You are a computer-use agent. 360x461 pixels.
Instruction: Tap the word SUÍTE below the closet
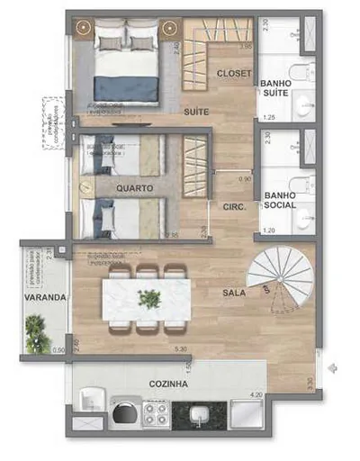[x=197, y=112]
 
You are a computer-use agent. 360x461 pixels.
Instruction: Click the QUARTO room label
[x=134, y=188]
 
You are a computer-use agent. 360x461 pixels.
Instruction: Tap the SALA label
[x=235, y=293]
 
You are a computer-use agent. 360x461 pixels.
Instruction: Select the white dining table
[x=147, y=296]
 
